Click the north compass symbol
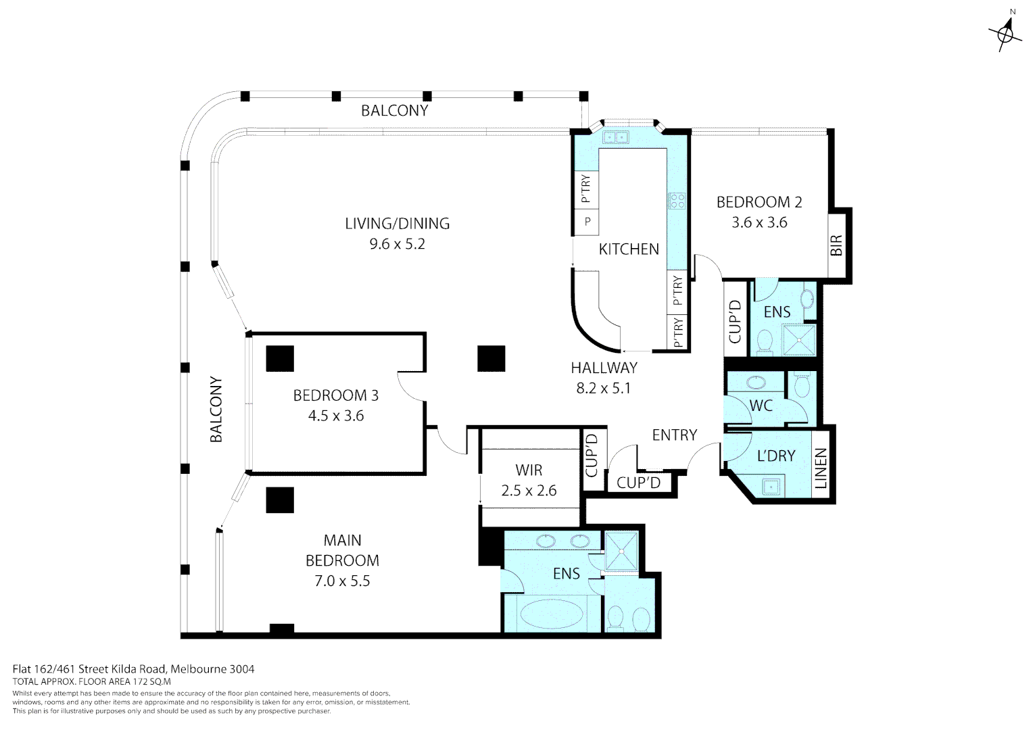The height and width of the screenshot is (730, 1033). [1005, 32]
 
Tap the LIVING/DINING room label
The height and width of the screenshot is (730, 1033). [397, 223]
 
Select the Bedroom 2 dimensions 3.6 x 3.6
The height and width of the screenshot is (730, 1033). [759, 222]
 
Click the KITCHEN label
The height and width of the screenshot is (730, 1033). [629, 249]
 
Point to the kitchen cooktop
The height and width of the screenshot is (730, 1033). [677, 201]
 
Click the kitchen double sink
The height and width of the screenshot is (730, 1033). [616, 138]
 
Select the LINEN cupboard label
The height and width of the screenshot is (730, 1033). [821, 469]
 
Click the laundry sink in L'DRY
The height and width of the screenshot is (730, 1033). [771, 485]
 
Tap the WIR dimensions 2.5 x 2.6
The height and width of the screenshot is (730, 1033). [529, 490]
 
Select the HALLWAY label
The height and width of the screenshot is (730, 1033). [604, 368]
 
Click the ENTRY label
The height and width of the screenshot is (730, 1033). [674, 435]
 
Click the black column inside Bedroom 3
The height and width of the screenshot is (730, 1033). [279, 358]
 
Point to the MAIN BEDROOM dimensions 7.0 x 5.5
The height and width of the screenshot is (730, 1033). [342, 581]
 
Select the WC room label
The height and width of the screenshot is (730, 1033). [761, 406]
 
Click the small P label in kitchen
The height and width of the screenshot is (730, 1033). [587, 221]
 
